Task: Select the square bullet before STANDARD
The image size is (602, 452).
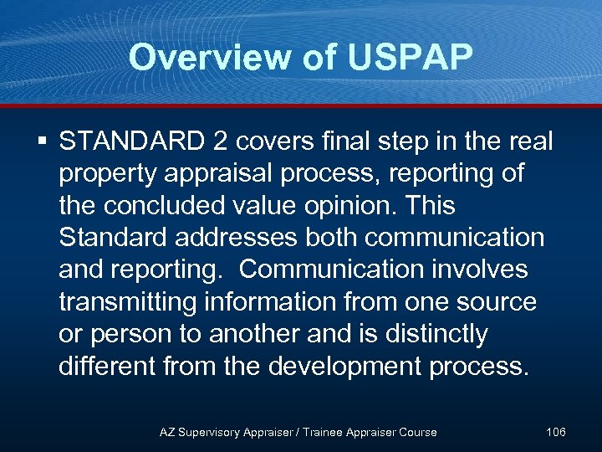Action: [43, 141]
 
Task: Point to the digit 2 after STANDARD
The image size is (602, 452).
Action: [219, 141]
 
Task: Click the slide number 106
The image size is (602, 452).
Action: [555, 432]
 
